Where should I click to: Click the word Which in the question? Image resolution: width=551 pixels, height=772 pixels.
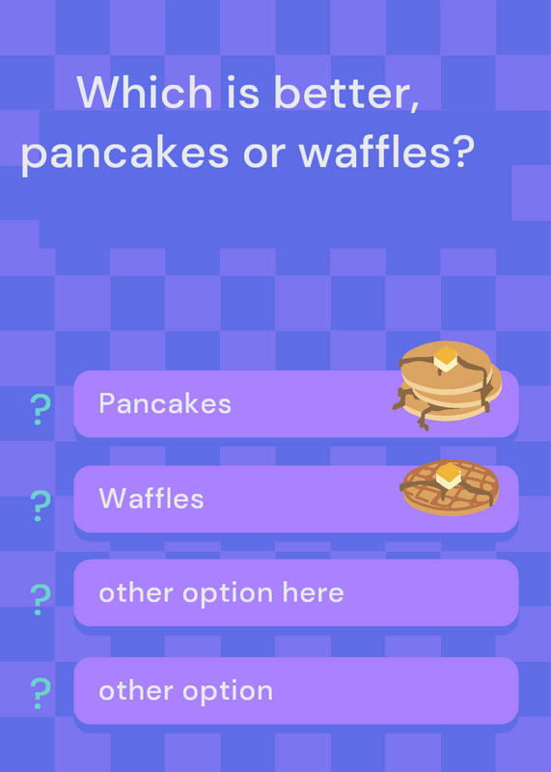click(x=145, y=92)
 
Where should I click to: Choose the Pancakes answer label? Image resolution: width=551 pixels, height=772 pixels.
click(x=165, y=403)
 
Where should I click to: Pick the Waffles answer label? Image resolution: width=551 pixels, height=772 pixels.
click(x=152, y=498)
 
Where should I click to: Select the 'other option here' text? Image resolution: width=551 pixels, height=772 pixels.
click(x=221, y=593)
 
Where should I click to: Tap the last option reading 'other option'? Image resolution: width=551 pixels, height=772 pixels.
click(x=185, y=691)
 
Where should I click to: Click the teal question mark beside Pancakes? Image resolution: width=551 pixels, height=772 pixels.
click(x=41, y=409)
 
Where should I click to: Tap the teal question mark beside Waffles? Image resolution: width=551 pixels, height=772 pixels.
click(x=41, y=506)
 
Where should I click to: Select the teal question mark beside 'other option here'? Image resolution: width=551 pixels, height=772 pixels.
click(x=41, y=599)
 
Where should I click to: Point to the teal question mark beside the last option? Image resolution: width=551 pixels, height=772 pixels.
click(x=41, y=693)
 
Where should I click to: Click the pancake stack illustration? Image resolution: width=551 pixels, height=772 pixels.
click(x=447, y=384)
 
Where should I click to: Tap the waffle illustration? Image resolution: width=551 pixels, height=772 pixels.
click(x=450, y=487)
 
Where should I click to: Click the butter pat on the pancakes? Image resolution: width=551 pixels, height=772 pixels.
click(x=446, y=358)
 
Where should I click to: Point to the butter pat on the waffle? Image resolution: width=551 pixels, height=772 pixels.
click(x=449, y=475)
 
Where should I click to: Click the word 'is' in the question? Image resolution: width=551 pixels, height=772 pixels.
click(x=243, y=93)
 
